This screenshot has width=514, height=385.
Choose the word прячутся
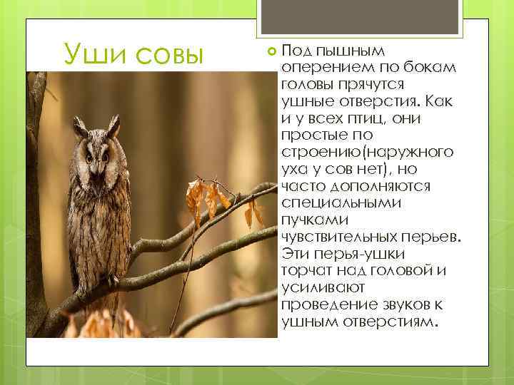pos(367,83)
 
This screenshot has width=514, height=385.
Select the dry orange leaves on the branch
pos(207,196)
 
